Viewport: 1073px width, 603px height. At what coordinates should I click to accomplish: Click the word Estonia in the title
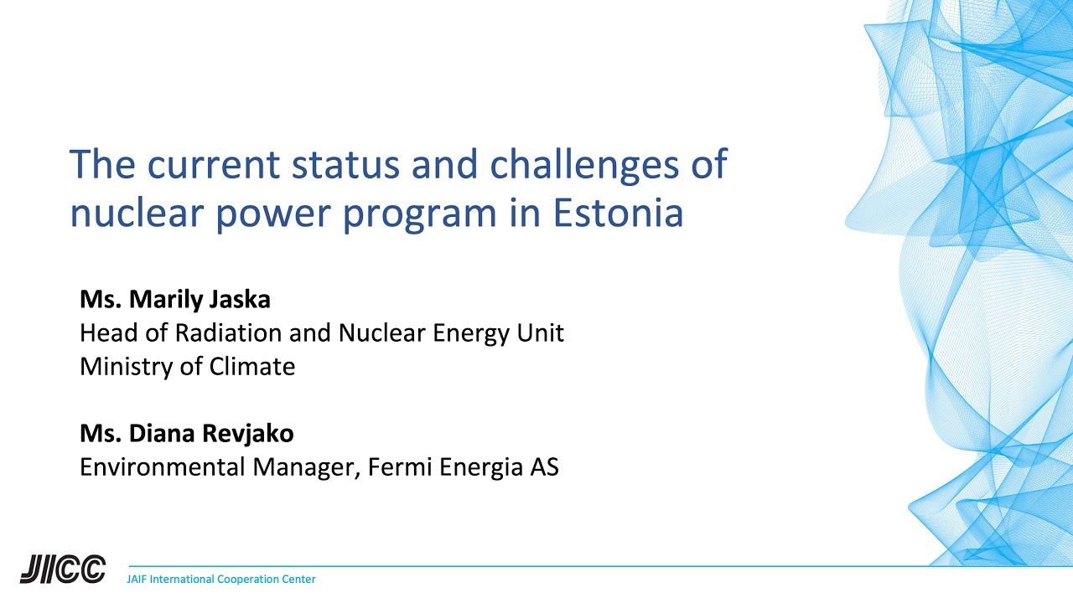(x=618, y=214)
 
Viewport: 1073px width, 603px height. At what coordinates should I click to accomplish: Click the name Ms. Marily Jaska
(x=175, y=299)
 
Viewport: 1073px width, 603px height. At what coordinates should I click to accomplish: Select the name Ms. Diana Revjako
(x=186, y=433)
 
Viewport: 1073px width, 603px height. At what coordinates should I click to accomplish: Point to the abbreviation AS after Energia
(x=544, y=467)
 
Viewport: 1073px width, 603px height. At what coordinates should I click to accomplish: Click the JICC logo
(x=63, y=569)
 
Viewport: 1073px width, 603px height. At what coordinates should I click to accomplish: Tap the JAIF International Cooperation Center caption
(x=220, y=580)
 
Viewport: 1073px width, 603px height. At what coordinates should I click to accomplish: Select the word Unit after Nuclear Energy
(x=542, y=333)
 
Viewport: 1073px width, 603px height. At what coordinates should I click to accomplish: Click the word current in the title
(x=213, y=165)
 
